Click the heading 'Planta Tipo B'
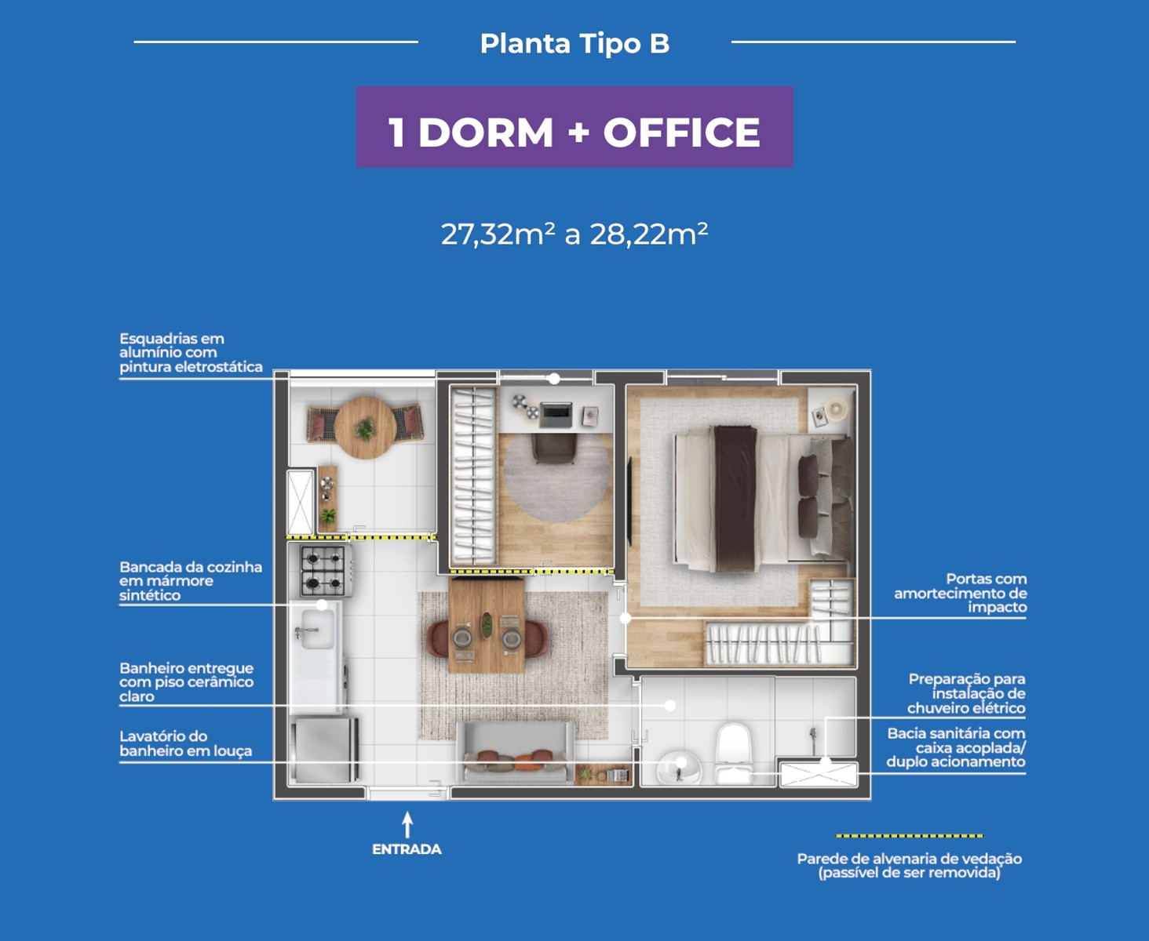pos(574,44)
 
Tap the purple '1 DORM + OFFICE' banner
pos(574,127)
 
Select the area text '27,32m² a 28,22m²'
pos(574,234)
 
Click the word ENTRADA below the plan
pos(407,849)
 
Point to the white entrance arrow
pos(407,824)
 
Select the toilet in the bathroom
pos(733,752)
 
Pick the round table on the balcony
pos(365,427)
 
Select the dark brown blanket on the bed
pos(735,499)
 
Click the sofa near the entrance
pos(516,754)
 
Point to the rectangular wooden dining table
pos(487,626)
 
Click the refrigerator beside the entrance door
pos(325,750)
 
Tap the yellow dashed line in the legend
pos(910,835)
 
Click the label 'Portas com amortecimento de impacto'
pos(960,594)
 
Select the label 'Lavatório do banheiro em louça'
pos(186,743)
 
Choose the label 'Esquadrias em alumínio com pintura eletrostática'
pos(191,353)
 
